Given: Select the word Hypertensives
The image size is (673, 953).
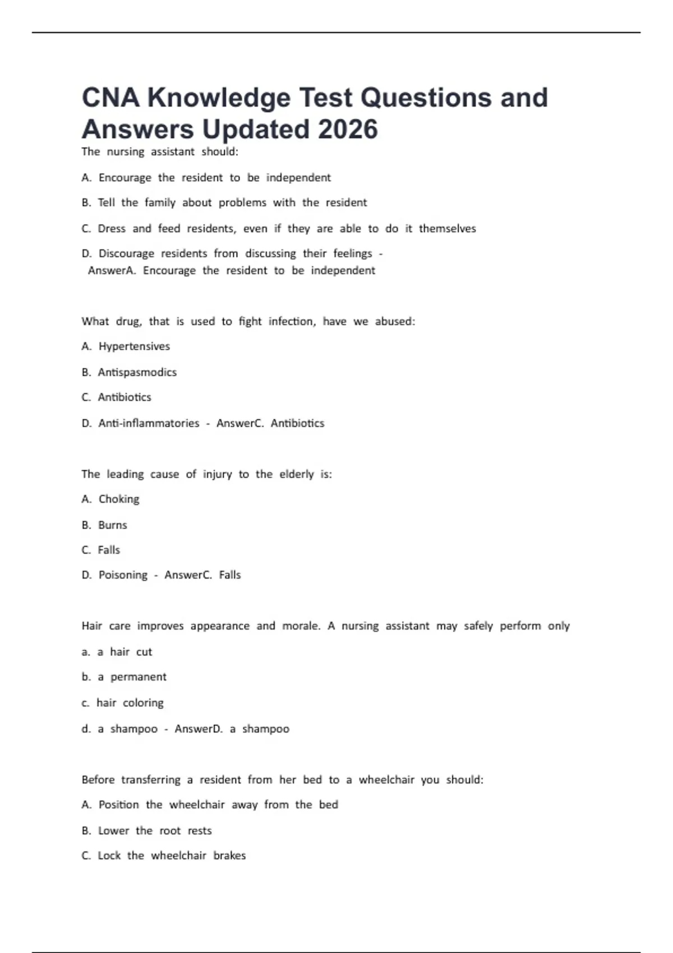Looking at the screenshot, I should (134, 346).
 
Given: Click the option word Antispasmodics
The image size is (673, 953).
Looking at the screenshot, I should (137, 372).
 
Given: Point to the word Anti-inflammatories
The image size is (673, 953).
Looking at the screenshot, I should (149, 423).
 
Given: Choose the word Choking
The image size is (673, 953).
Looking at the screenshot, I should (119, 499).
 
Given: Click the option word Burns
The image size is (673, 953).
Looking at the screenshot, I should (113, 525).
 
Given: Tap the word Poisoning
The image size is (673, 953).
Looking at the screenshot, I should (123, 575).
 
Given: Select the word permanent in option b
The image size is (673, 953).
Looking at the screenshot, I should (139, 677).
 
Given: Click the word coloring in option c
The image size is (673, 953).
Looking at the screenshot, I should (143, 703).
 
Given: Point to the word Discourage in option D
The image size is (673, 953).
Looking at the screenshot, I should (126, 253).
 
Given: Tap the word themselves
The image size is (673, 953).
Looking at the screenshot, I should (447, 229).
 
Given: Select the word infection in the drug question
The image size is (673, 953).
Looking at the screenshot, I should (292, 321).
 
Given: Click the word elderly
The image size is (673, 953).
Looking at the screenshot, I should (297, 474).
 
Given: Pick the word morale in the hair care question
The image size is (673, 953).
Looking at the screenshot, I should (301, 626).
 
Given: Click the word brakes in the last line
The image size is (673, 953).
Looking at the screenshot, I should (229, 856).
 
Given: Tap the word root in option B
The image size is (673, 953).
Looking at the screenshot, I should (170, 831).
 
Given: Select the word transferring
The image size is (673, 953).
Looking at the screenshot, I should (151, 780).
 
